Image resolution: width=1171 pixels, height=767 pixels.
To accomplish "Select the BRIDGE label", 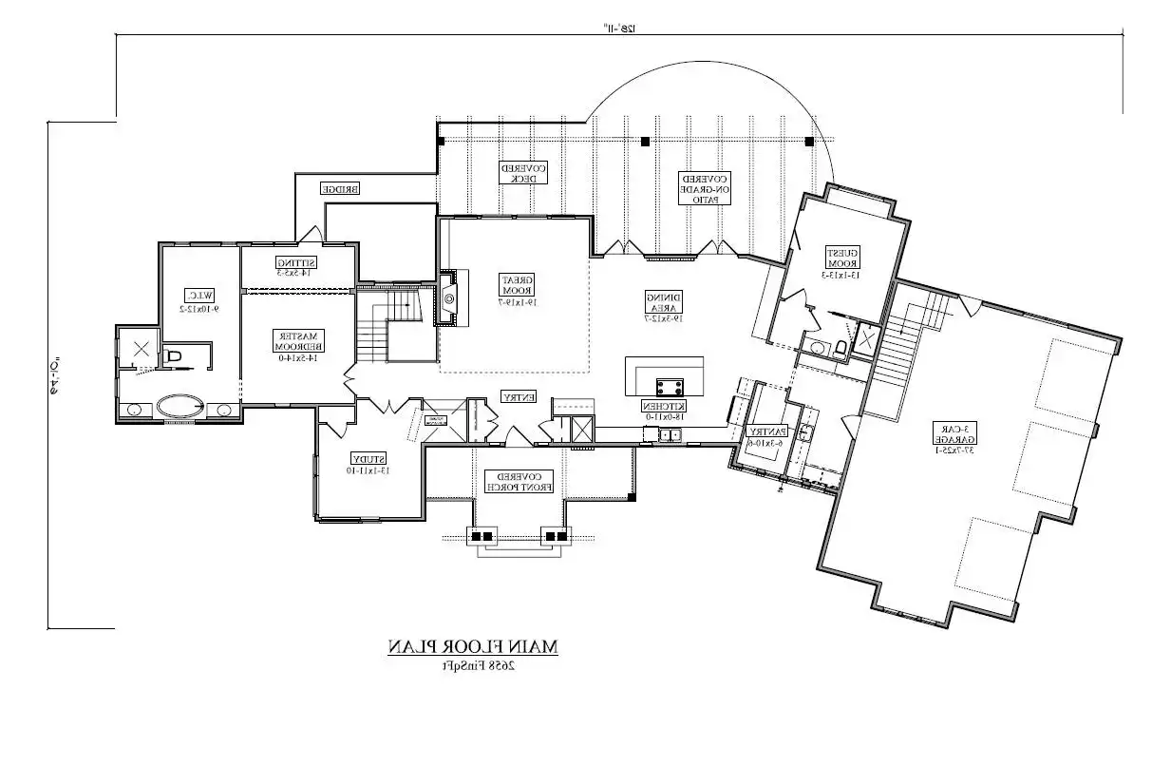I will pyautogui.click(x=339, y=188).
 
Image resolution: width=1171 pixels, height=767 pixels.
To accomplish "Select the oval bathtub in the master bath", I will pyautogui.click(x=180, y=408).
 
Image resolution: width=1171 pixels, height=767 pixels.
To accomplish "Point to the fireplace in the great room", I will pyautogui.click(x=448, y=297).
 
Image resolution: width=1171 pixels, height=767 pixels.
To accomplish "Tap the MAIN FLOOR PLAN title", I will pyautogui.click(x=472, y=646).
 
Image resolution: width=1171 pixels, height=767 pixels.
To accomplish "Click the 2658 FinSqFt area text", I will pyautogui.click(x=472, y=664).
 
